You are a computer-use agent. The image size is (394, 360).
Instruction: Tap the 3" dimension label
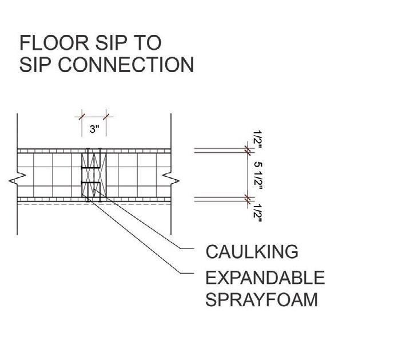(94, 130)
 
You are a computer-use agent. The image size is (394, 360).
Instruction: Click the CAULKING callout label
(252, 251)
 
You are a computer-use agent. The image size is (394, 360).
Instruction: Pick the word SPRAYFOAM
(261, 299)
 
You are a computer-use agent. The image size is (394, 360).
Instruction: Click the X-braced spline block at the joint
(93, 175)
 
